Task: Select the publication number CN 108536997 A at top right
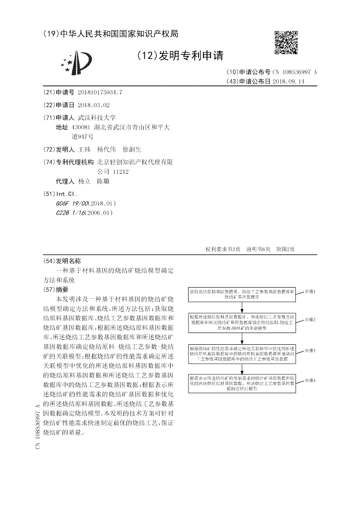click(295, 72)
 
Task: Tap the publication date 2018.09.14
click(288, 81)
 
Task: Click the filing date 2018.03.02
click(94, 104)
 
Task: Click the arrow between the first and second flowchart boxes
click(243, 307)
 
